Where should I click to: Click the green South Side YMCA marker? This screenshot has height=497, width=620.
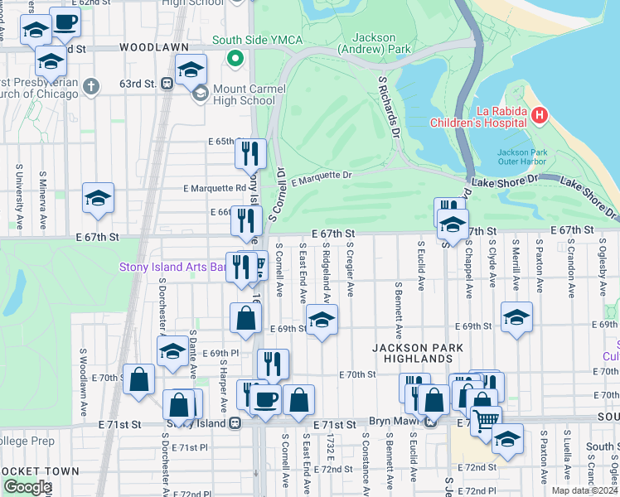pos(235,58)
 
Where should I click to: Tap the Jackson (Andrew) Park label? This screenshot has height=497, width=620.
pos(381,43)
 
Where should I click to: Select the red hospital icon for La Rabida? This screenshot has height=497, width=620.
pos(540,114)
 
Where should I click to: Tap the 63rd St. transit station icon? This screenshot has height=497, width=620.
pos(167,84)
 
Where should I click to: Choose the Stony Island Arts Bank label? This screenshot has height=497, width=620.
pos(172,267)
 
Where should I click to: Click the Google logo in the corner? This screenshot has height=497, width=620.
pos(27,487)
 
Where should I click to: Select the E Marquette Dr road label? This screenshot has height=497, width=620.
pos(322,176)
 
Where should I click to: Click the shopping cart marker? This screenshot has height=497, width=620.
pos(486,418)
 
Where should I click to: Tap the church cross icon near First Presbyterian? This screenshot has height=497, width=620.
pos(91,86)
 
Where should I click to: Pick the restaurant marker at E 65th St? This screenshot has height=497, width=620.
pos(249,153)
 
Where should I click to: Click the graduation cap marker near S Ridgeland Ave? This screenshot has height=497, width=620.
pos(322,318)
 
